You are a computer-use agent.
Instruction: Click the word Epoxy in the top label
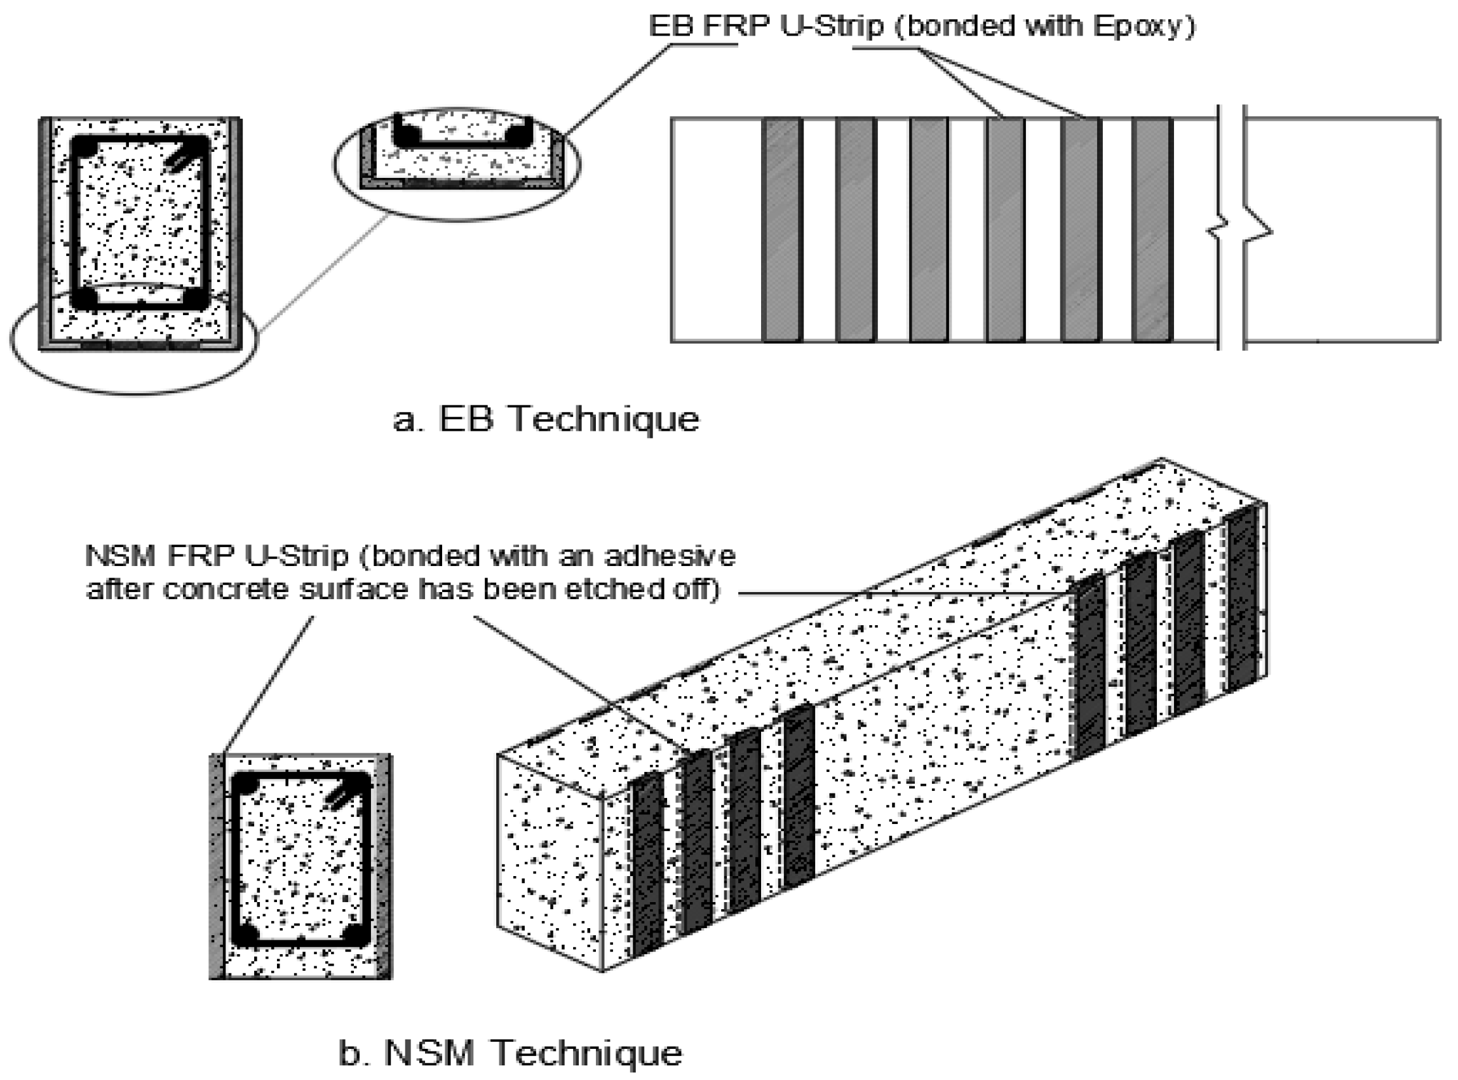[x=1135, y=26]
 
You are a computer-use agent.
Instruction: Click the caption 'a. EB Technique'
[x=546, y=419]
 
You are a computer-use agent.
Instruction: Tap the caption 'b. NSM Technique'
[x=511, y=1053]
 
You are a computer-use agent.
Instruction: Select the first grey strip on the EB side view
[x=782, y=230]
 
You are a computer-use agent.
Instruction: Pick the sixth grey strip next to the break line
[x=1152, y=230]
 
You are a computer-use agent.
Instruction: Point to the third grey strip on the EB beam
[x=928, y=230]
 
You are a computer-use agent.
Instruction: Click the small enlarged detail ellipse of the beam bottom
[x=457, y=163]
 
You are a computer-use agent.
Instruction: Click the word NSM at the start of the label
[x=120, y=557]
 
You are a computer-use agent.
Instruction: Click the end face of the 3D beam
[x=549, y=863]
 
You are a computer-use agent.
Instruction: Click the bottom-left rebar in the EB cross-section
[x=84, y=297]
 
